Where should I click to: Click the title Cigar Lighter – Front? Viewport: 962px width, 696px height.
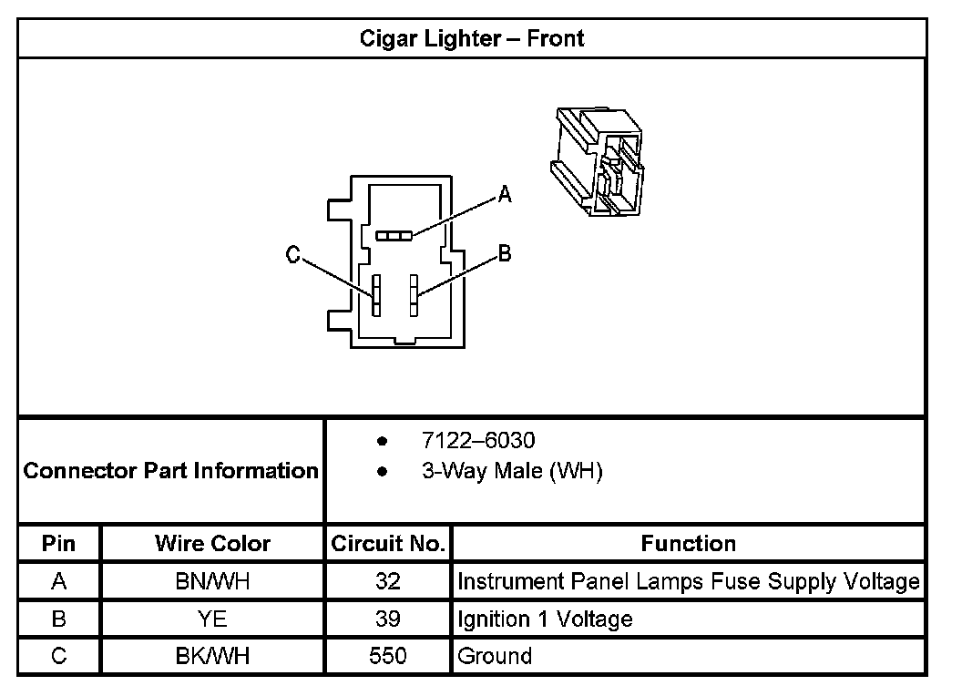coord(471,38)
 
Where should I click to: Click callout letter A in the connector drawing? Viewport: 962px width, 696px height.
coord(505,194)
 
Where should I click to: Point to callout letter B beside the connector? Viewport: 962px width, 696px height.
coord(505,254)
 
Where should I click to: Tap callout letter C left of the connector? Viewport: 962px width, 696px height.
coord(293,257)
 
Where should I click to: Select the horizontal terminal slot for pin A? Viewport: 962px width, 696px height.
coord(394,236)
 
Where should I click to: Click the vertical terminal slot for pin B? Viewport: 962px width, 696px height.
coord(413,295)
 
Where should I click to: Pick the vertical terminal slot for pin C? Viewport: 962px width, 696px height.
coord(375,295)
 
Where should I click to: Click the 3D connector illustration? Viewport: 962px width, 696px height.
coord(597,160)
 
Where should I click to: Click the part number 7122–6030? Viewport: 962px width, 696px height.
coord(478,441)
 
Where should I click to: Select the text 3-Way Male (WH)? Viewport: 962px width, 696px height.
coord(511,472)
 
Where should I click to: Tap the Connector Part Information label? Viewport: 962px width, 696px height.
coord(170,471)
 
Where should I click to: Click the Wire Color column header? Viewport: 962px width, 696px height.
coord(212,544)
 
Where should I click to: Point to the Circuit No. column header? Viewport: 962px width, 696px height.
coord(388,544)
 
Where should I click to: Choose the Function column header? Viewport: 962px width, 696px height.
coord(688,544)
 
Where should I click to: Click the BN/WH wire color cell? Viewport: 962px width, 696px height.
coord(212,582)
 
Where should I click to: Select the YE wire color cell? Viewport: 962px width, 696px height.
coord(212,619)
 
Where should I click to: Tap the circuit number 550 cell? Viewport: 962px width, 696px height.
coord(388,656)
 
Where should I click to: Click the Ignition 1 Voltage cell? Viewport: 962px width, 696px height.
coord(545,619)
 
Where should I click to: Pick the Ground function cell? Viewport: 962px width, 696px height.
coord(495,656)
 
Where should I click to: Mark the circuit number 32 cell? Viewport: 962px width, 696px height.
coord(388,582)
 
